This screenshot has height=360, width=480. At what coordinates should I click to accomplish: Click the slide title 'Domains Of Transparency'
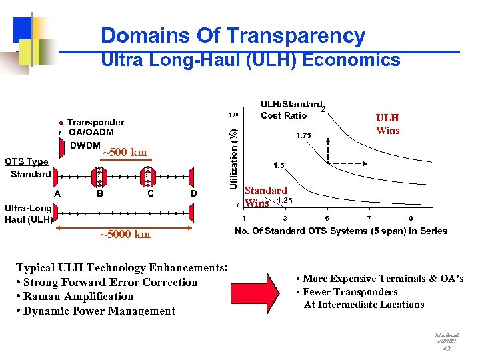tap(233, 35)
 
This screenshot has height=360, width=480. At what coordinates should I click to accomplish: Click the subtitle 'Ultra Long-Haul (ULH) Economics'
tap(250, 61)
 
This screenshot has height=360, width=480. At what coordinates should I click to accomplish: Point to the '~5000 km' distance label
tap(125, 234)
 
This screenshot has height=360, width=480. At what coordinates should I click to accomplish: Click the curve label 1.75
tap(303, 135)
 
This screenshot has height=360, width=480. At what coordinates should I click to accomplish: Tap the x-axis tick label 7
tap(369, 219)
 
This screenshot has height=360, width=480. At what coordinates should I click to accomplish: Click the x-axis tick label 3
tap(285, 219)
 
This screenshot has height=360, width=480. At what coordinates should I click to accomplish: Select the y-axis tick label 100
tap(233, 114)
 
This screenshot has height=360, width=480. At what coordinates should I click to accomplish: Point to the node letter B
tap(99, 194)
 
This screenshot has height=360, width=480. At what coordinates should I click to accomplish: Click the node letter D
tap(194, 194)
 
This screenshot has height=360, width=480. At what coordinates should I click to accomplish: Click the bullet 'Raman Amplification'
tap(77, 297)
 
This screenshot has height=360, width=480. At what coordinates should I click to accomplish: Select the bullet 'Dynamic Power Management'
tap(99, 311)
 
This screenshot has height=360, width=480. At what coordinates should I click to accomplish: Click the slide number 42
tap(446, 348)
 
